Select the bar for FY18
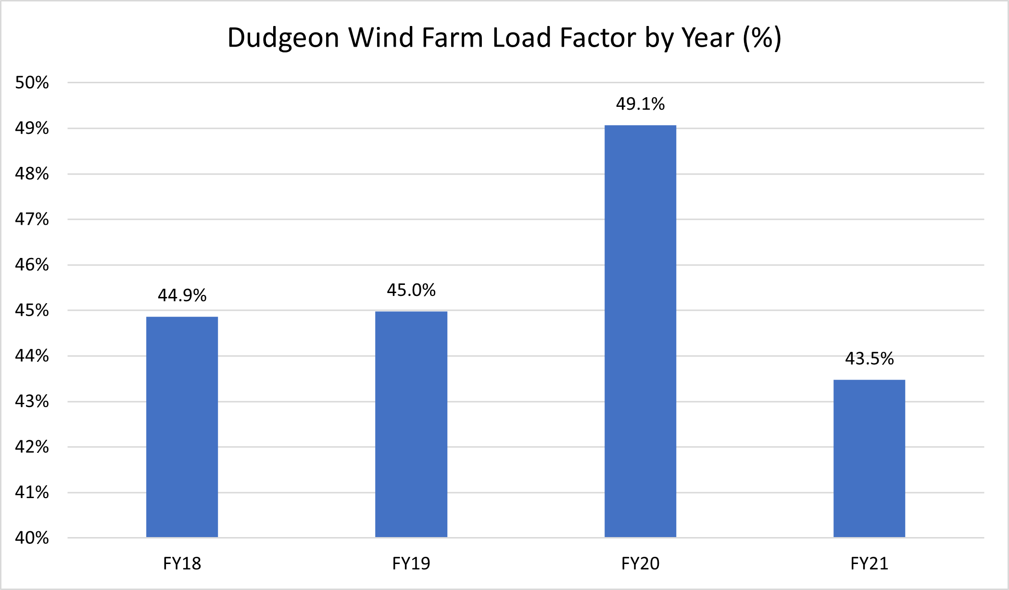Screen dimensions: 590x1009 [182, 427]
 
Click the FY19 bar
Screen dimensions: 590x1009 [411, 424]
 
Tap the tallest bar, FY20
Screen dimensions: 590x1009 [640, 331]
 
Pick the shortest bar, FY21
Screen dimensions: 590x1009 [869, 458]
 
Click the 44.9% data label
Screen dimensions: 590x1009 [182, 295]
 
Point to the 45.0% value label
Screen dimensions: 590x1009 [411, 290]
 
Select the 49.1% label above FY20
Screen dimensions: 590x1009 [640, 104]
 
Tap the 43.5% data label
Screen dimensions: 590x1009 [869, 359]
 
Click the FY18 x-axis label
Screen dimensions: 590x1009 [182, 563]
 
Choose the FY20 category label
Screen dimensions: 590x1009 [640, 563]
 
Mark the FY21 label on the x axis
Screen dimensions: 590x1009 [869, 563]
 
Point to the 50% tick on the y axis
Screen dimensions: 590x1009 [32, 83]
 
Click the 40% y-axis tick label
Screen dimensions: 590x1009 [32, 538]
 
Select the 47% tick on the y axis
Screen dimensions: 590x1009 [32, 219]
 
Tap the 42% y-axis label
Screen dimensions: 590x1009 [32, 447]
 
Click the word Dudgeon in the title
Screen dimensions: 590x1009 [283, 38]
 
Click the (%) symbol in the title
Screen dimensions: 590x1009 [762, 38]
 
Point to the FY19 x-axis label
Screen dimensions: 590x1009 [411, 563]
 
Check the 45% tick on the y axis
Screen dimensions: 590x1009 [32, 310]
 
